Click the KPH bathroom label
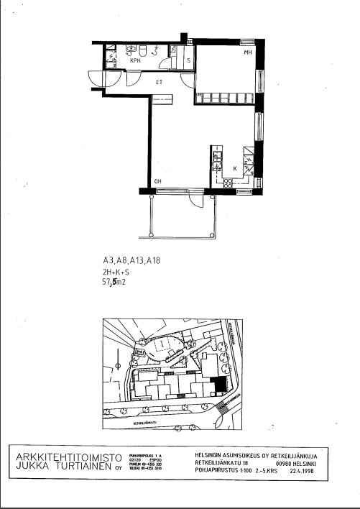[x=134, y=62]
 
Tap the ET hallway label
[x=160, y=81]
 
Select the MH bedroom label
[x=247, y=53]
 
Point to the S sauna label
[x=188, y=61]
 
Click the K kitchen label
[x=235, y=169]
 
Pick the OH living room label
[x=158, y=180]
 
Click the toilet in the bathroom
[x=144, y=50]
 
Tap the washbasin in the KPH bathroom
[x=131, y=50]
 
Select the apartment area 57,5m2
[x=118, y=283]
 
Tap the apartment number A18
[x=152, y=261]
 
